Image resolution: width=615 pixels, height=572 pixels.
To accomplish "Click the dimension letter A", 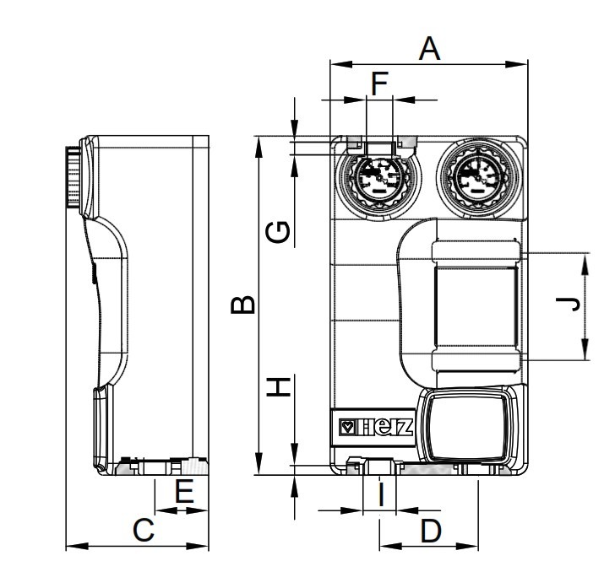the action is coord(429,49).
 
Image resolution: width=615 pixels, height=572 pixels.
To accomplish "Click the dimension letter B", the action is coord(242,305).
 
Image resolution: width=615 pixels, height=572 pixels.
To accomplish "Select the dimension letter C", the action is coord(144,530).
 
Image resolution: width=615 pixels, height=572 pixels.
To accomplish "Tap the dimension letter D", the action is coord(431,531).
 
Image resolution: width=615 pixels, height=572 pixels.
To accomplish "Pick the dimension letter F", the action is coord(379,84).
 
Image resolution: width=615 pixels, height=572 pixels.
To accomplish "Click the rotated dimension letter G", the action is coord(278,232).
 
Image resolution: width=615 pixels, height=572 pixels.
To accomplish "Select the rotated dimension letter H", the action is coord(279,386).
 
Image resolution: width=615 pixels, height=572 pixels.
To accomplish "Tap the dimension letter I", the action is coord(381,494).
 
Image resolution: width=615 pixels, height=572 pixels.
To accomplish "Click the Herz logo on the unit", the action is coord(377,428).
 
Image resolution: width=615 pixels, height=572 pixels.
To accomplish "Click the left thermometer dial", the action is coord(378,178).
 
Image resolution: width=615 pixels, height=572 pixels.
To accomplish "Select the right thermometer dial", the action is coord(479,176).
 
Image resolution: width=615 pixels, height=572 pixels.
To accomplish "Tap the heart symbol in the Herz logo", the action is coord(347,428).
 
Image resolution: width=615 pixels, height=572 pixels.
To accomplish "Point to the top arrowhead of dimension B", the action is coord(259,148).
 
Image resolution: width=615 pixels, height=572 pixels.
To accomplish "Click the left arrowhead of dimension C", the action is coord(77,546).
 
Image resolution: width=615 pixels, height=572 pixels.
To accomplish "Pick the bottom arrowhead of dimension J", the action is coord(585,348).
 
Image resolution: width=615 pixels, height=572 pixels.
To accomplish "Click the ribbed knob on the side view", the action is coord(73,177).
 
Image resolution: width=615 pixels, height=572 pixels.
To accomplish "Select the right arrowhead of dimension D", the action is coord(466,546).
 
